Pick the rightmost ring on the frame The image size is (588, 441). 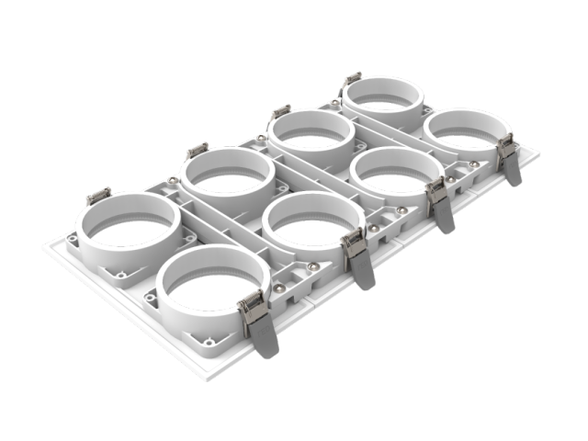[x=467, y=132]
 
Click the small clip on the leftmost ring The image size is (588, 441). [x=98, y=196]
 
